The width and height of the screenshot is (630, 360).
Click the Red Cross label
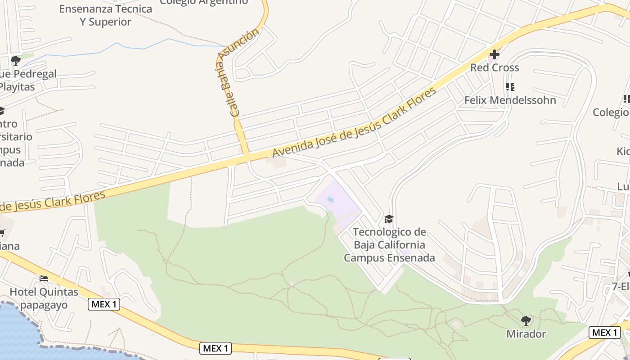tap(495, 68)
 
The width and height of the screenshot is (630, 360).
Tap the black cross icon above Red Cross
tap(494, 54)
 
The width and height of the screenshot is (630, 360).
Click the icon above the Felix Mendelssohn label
tap(510, 86)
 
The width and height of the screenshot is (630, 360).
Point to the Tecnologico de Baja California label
tap(389, 245)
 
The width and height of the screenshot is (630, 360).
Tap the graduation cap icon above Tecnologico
tap(389, 219)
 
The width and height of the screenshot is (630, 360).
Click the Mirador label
tap(526, 334)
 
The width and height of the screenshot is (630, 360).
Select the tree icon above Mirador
tap(526, 321)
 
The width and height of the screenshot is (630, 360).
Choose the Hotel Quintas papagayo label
tap(44, 298)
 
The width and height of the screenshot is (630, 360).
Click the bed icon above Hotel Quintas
tap(44, 279)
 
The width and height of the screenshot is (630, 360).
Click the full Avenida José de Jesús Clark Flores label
tap(354, 122)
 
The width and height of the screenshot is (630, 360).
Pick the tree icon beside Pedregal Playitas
tap(16, 60)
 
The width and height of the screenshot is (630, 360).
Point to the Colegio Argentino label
tap(204, 2)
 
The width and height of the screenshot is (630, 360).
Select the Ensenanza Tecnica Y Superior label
tap(106, 15)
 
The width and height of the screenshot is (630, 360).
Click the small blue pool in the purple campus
tap(331, 199)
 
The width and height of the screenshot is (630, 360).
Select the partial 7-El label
tap(621, 287)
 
